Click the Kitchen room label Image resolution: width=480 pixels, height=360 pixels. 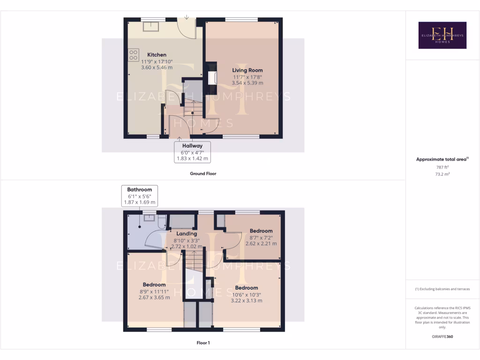point(157,55)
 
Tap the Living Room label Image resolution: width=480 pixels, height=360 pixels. point(247,70)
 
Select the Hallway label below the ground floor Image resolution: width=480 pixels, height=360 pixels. point(193,146)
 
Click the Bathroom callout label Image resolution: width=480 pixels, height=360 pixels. point(140,190)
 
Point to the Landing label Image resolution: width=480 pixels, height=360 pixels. point(187,233)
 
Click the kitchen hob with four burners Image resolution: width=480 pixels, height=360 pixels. point(134,54)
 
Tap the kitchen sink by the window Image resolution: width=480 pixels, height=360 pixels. point(151,25)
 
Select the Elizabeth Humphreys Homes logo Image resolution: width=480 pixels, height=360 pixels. point(442,35)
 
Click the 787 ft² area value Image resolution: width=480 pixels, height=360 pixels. point(442,167)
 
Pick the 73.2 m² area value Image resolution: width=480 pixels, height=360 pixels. point(442,174)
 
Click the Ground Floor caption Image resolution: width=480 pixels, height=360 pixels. point(203,173)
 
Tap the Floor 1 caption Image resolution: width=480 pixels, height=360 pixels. point(203,343)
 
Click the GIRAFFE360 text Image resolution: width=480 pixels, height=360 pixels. point(442,337)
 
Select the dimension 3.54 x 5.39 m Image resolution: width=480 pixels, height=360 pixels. point(247,83)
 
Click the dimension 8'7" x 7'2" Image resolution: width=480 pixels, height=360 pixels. point(261,237)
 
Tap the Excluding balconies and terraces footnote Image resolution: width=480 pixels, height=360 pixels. point(442,289)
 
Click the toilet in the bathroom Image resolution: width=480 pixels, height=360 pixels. point(162,222)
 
